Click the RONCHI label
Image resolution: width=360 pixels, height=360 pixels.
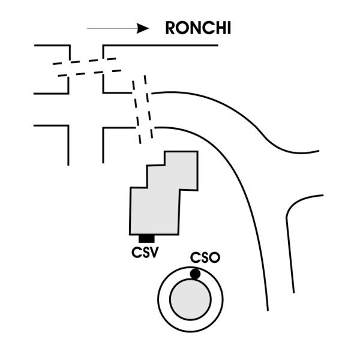(198, 28)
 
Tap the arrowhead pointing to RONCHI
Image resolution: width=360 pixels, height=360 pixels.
(143, 28)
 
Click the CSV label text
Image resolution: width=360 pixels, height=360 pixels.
(145, 252)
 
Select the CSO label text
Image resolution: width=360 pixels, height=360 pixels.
(205, 257)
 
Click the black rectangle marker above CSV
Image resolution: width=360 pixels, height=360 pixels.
(146, 239)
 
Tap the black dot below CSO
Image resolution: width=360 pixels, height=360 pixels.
(195, 274)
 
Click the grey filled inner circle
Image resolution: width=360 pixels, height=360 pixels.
(190, 299)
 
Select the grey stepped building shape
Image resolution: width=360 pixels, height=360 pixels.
(164, 193)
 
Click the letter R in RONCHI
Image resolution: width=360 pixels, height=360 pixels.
(170, 28)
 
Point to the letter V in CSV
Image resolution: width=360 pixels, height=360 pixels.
(154, 253)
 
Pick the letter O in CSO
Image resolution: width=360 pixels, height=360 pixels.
(215, 257)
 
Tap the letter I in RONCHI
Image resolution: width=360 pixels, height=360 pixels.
(229, 28)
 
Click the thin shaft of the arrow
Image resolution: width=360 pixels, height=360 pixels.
(112, 28)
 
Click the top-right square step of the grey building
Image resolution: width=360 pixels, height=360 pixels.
(181, 170)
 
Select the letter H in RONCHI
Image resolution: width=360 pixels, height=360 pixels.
(220, 28)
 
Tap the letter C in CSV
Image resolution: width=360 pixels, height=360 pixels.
(136, 253)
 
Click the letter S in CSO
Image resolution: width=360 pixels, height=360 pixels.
(205, 257)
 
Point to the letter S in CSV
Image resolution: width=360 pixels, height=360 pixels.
(145, 253)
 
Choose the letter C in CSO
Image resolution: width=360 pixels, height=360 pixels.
(195, 257)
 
